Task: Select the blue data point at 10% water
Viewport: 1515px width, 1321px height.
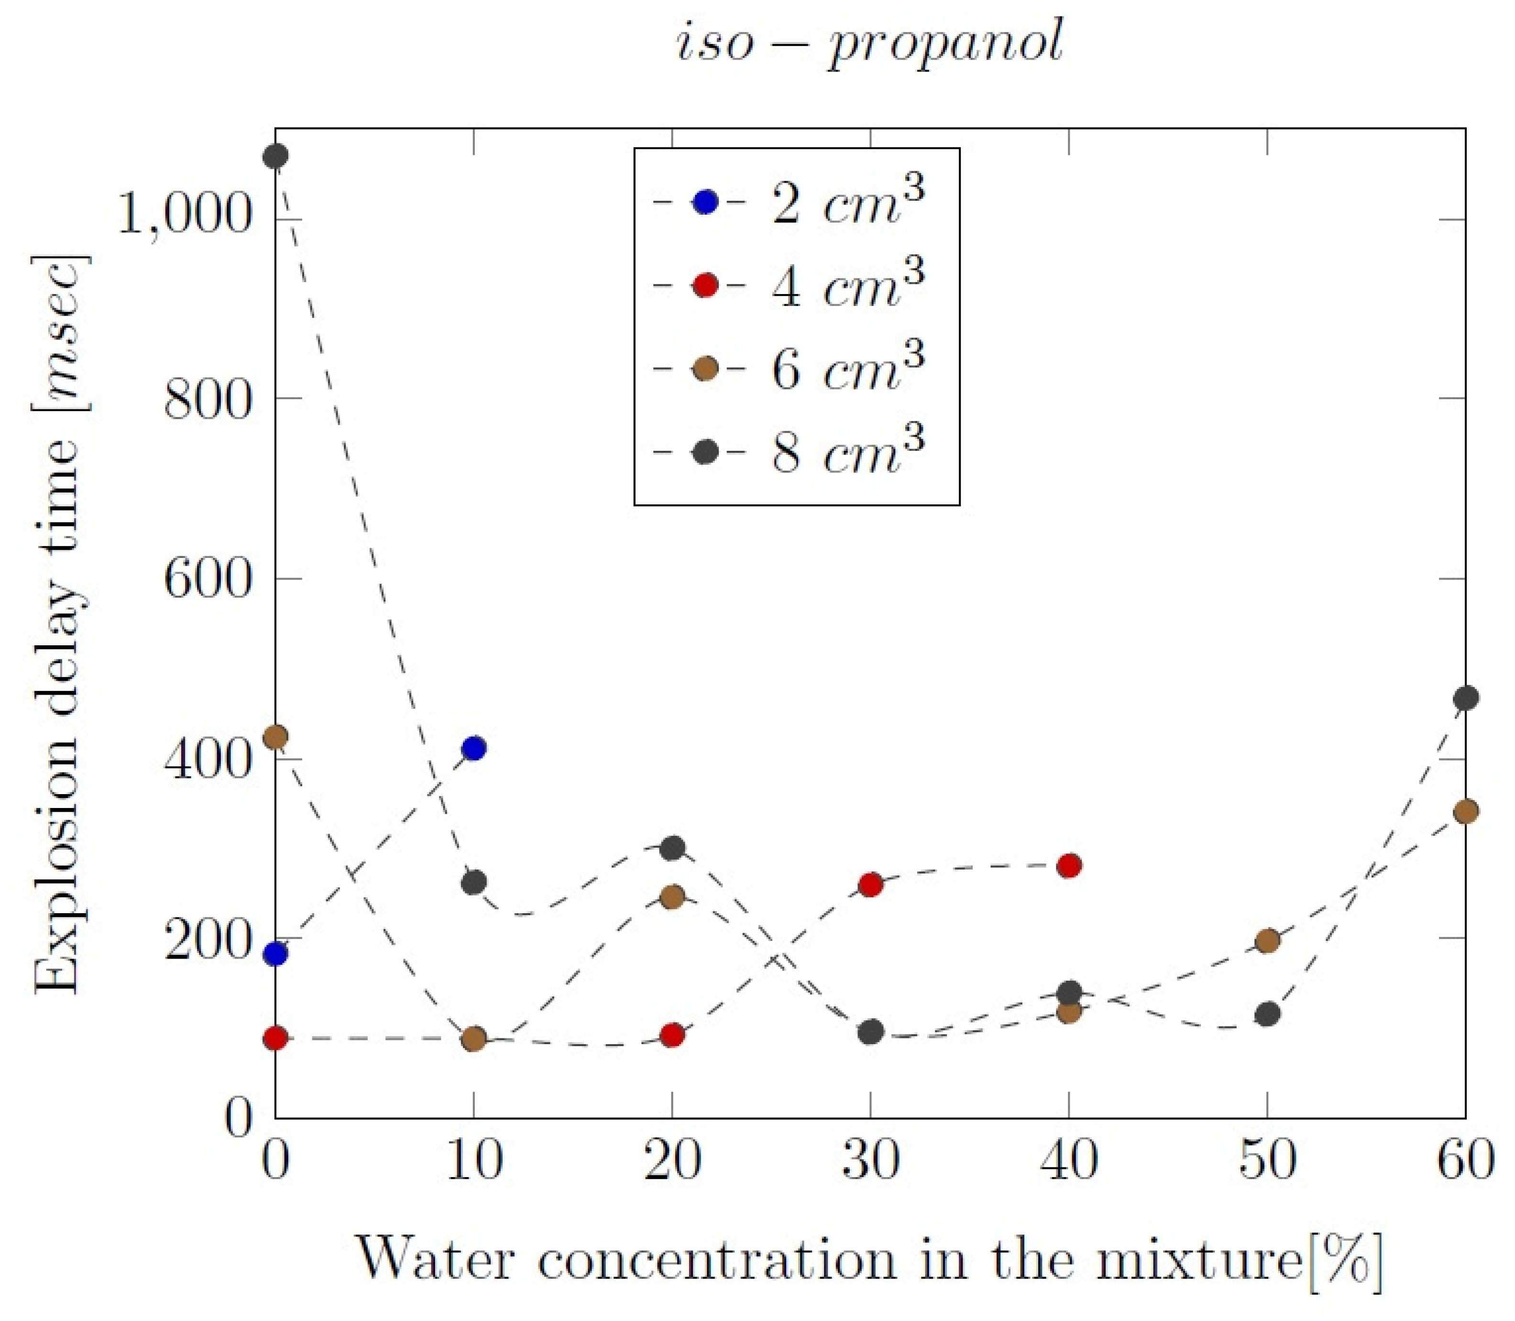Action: click(x=473, y=748)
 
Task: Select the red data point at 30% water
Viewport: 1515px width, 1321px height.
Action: click(x=871, y=884)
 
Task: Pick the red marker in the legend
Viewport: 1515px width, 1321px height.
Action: click(x=705, y=285)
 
